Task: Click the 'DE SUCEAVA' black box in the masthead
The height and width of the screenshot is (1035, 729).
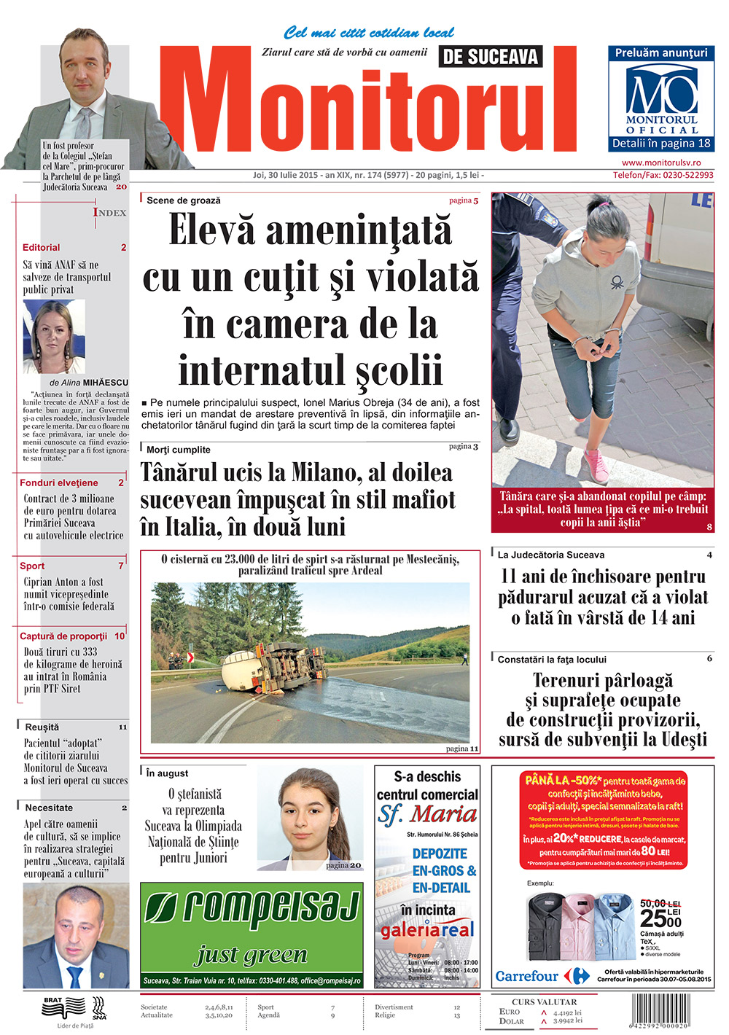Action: pos(491,57)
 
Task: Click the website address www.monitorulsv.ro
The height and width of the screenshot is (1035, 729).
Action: pos(661,163)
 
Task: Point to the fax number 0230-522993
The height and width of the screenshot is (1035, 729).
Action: pos(683,175)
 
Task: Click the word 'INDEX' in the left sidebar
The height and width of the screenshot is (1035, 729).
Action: pos(110,213)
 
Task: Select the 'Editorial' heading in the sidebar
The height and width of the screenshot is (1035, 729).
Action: pos(42,248)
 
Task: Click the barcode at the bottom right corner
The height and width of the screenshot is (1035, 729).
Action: pos(670,1013)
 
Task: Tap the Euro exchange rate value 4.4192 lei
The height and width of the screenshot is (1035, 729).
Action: pos(567,1012)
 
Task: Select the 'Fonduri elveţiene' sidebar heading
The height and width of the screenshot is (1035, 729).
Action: pos(59,483)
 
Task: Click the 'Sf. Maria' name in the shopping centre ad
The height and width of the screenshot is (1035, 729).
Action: pos(428,814)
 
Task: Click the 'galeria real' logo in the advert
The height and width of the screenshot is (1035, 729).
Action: pos(427,929)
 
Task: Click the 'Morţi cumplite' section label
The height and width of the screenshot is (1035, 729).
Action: pos(179,450)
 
